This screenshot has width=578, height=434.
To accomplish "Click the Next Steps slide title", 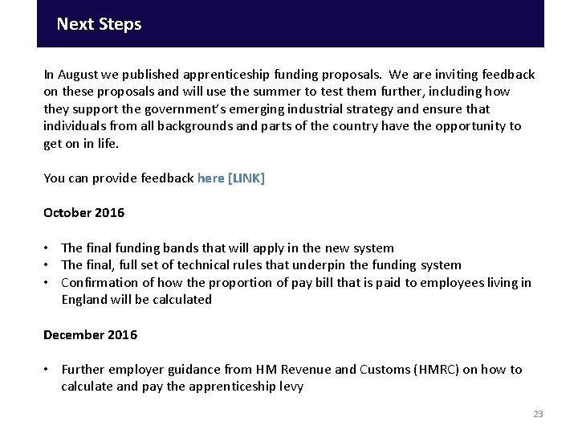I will (x=99, y=24).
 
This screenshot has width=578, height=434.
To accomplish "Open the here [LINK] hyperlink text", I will (x=230, y=178).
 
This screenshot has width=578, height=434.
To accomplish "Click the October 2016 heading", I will (x=83, y=213).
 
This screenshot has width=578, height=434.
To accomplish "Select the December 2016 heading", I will (x=90, y=334).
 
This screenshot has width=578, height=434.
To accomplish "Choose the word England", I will (x=84, y=300).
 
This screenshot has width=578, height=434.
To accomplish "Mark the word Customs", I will (x=386, y=370).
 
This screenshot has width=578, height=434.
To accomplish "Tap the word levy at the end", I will (x=291, y=387).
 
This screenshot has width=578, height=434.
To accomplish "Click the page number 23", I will (x=538, y=414).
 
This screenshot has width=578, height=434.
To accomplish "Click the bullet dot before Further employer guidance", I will (x=48, y=370).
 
